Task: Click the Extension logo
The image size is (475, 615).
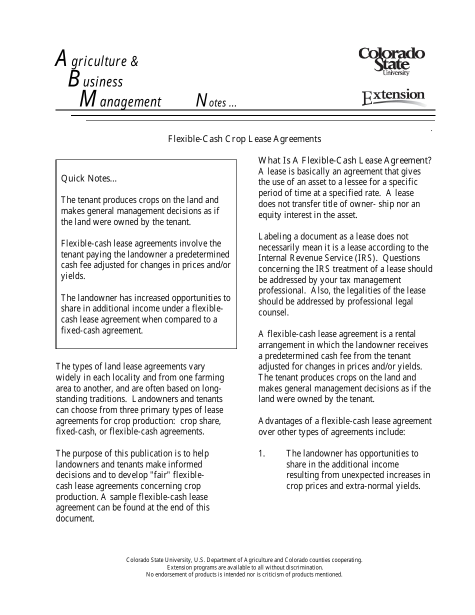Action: click(x=393, y=96)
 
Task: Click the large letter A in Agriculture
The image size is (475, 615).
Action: click(x=60, y=59)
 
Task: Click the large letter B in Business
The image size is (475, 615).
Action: click(x=74, y=79)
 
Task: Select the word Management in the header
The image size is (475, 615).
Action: click(x=120, y=101)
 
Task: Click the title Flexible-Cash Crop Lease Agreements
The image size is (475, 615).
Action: click(x=244, y=139)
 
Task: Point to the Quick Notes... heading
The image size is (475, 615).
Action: click(x=89, y=178)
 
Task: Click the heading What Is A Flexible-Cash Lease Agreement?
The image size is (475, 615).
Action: click(x=344, y=160)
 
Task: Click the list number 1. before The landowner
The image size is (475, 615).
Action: click(x=261, y=453)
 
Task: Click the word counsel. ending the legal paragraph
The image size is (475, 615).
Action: click(x=273, y=312)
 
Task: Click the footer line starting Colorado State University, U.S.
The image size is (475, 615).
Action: click(x=244, y=560)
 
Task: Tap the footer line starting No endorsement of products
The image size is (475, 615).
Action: click(x=244, y=574)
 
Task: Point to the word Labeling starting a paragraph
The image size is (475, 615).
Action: click(x=274, y=236)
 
